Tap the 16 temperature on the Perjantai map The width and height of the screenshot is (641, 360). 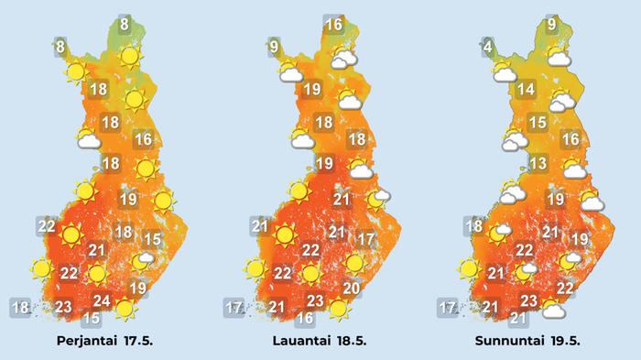pyautogui.click(x=142, y=140)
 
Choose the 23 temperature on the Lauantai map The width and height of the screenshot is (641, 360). pyautogui.click(x=314, y=300)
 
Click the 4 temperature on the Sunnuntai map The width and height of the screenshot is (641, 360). pyautogui.click(x=489, y=46)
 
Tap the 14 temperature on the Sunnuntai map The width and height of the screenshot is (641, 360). pyautogui.click(x=526, y=90)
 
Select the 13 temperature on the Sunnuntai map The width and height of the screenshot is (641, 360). pyautogui.click(x=538, y=164)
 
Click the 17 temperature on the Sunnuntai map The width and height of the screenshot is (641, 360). pyautogui.click(x=448, y=308)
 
